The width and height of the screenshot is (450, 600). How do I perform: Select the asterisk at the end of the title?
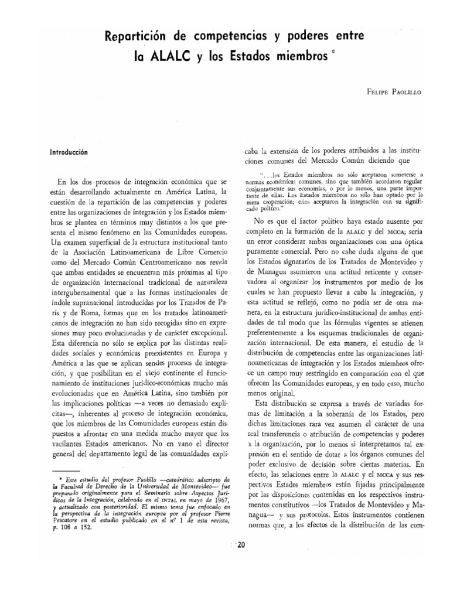pos(334,53)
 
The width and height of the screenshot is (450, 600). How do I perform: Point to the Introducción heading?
pos(73,151)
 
